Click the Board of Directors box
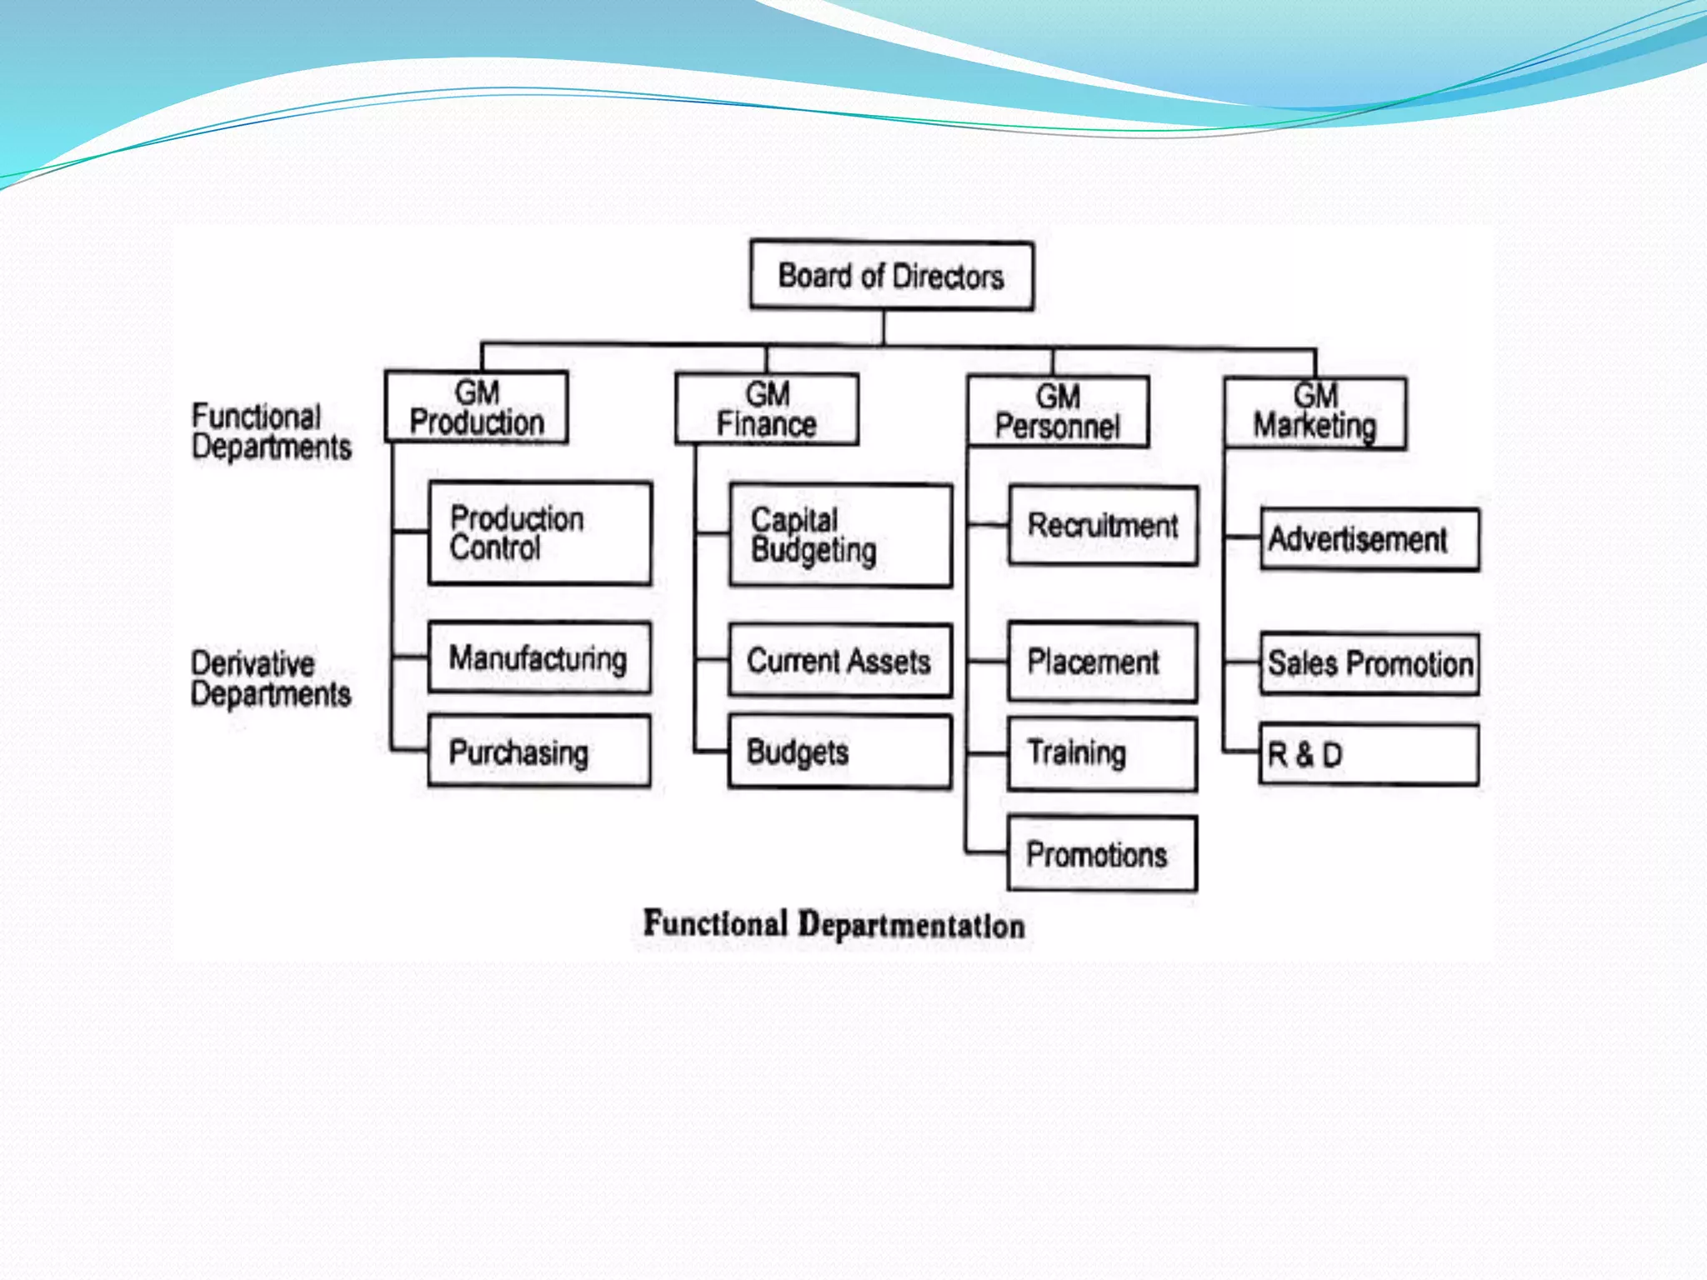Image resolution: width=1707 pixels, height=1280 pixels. coord(892,276)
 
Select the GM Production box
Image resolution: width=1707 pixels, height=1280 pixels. coord(477,407)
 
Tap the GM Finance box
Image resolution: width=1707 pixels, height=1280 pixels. coord(767,409)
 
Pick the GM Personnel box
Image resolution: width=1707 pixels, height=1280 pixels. coord(1058,412)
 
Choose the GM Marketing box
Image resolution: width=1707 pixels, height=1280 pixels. coord(1315,413)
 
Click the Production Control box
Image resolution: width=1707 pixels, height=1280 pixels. coord(539,533)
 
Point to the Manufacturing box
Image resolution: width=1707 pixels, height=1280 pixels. coord(539,657)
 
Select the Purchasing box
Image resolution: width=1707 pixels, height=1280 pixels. coord(538,751)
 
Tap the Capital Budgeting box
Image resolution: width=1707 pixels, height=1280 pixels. coord(840,536)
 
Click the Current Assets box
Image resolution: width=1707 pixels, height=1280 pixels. coord(839,661)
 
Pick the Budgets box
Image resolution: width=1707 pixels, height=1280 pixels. coord(839,752)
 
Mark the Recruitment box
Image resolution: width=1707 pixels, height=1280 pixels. coord(1103,526)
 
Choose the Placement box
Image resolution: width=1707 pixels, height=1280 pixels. coord(1102,662)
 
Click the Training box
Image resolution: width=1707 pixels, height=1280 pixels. coord(1102,753)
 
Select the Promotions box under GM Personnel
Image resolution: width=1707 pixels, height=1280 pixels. coord(1102,854)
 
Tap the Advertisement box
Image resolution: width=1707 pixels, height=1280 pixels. coord(1369,540)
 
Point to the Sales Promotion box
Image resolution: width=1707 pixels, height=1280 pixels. coord(1369,664)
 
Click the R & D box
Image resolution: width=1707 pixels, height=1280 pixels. coord(1369,755)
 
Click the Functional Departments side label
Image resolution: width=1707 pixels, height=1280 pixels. coord(271,432)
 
